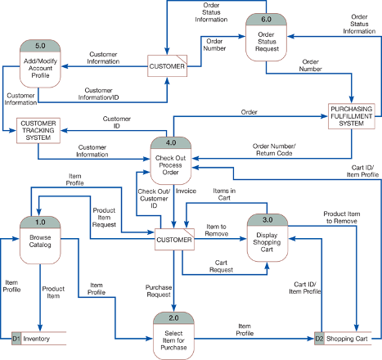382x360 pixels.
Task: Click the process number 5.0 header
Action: coord(40,46)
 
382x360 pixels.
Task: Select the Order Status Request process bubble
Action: coord(266,38)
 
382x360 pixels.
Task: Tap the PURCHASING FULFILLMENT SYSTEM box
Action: coord(352,116)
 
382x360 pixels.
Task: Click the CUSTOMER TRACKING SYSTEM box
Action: coord(38,131)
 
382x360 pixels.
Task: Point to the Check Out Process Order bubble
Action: coord(171,161)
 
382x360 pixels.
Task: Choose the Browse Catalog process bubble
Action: coord(40,241)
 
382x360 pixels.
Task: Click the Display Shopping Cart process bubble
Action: coord(267,238)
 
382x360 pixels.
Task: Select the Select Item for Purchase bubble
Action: coord(173,336)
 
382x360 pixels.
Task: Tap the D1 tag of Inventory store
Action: coord(16,339)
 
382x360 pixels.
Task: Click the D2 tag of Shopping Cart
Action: coord(319,339)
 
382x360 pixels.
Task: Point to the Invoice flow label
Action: coord(186,191)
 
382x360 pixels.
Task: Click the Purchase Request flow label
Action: coord(159,291)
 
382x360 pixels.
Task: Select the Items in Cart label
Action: coord(224,195)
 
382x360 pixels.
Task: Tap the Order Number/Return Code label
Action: coord(274,150)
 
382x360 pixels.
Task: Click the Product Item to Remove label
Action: coord(342,218)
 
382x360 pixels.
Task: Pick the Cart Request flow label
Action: coord(221,266)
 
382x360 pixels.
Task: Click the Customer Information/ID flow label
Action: coord(98,94)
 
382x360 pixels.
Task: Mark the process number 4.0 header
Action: coord(171,143)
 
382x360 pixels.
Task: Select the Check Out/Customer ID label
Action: coord(154,199)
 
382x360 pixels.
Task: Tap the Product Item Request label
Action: coord(104,218)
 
